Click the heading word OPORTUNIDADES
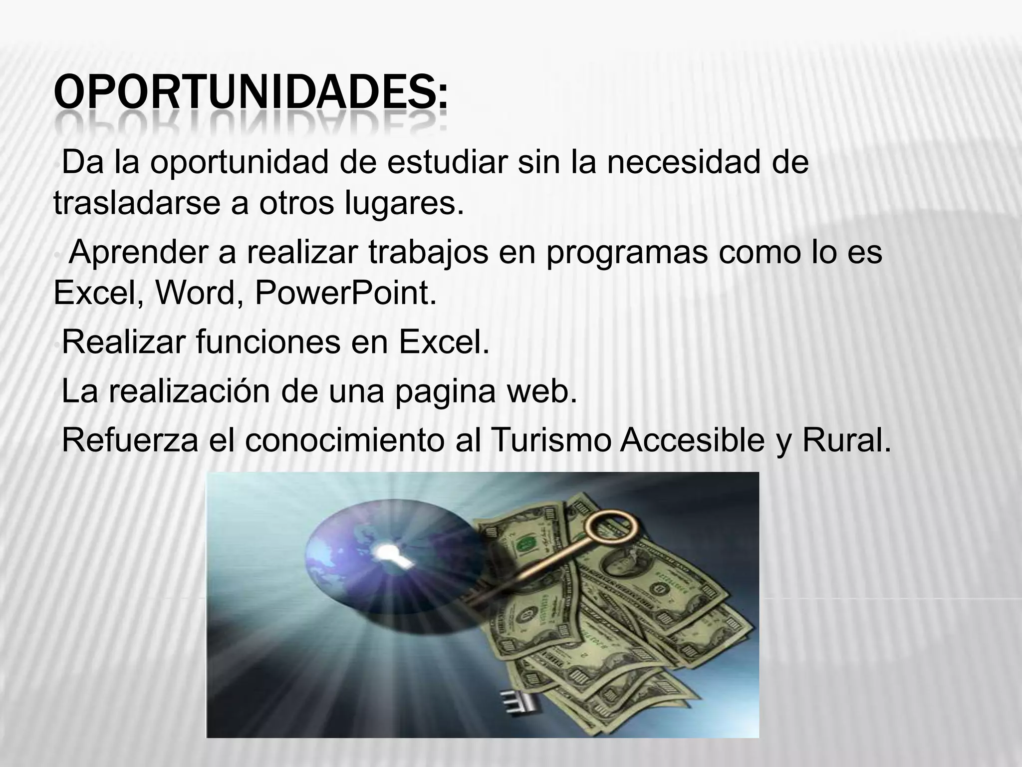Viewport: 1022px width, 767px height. click(x=250, y=93)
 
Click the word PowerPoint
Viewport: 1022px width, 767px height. click(x=345, y=293)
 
